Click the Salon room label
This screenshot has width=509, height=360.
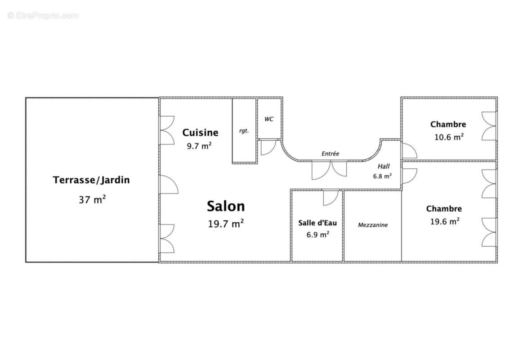pyautogui.click(x=226, y=207)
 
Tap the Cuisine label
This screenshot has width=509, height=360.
pyautogui.click(x=200, y=133)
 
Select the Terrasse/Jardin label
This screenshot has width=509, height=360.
pyautogui.click(x=91, y=180)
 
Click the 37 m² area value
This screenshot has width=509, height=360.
pyautogui.click(x=92, y=200)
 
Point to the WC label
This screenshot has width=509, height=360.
pyautogui.click(x=269, y=119)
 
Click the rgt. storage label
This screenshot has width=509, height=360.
pyautogui.click(x=244, y=131)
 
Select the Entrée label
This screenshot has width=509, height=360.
pyautogui.click(x=330, y=153)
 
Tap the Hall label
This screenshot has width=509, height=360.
pyautogui.click(x=384, y=166)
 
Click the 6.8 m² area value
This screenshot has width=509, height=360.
pyautogui.click(x=382, y=176)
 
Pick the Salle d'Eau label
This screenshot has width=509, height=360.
pyautogui.click(x=317, y=223)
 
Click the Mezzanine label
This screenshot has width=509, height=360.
pyautogui.click(x=373, y=225)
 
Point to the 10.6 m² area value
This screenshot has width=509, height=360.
pyautogui.click(x=449, y=137)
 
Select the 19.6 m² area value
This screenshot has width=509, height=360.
pyautogui.click(x=444, y=221)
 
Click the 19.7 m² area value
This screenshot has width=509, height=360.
pyautogui.click(x=226, y=224)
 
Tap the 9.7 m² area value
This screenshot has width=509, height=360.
pyautogui.click(x=199, y=146)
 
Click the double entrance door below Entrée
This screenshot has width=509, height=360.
pyautogui.click(x=330, y=170)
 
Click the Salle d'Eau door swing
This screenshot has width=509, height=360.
pyautogui.click(x=330, y=197)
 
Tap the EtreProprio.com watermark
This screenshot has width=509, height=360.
pyautogui.click(x=43, y=15)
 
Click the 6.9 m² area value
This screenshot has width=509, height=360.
pyautogui.click(x=317, y=234)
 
